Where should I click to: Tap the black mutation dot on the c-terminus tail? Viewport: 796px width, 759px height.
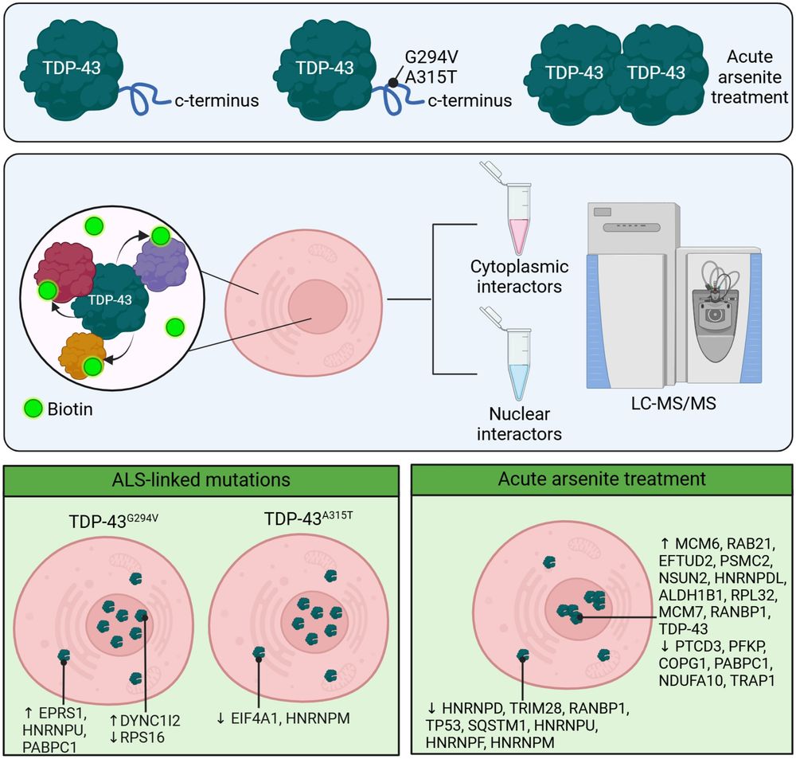click(x=392, y=82)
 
